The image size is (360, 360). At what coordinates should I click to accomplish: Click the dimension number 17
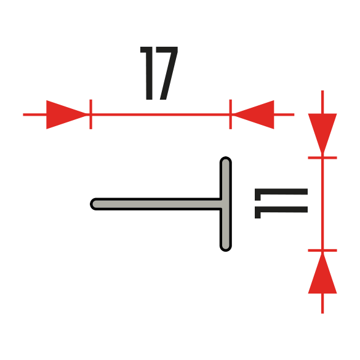(159, 73)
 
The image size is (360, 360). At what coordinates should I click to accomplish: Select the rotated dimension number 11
(281, 204)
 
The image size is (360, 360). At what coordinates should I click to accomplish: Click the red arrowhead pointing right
(67, 114)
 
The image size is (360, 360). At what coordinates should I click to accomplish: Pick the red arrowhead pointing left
(254, 114)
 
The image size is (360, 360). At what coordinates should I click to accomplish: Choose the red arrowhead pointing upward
(322, 273)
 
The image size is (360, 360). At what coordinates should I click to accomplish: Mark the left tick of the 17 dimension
(91, 114)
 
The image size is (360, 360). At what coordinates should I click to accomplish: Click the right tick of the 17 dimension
(231, 114)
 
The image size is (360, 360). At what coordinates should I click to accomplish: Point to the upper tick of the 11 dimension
(322, 158)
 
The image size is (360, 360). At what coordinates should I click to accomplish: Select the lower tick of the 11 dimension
(322, 250)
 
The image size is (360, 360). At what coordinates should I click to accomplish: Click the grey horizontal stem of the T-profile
(156, 204)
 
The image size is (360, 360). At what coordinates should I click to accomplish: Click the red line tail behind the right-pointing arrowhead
(34, 114)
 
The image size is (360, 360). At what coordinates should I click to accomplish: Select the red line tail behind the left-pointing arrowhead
(284, 114)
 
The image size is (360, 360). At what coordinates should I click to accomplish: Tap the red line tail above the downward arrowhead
(322, 102)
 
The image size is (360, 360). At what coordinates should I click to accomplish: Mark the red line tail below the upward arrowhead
(322, 303)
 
